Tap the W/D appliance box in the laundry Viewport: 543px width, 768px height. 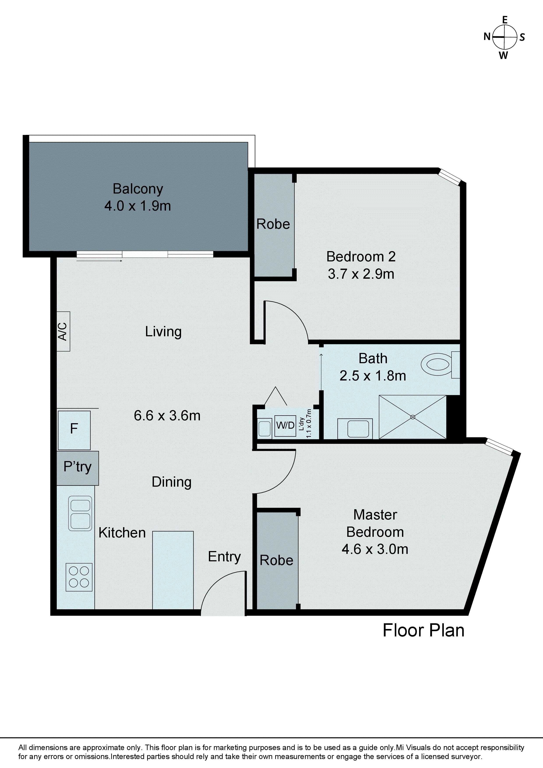285,425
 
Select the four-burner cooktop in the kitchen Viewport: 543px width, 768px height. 79,577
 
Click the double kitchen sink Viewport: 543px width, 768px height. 80,513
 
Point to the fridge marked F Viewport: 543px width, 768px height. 74,430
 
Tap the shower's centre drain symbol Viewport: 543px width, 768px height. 413,417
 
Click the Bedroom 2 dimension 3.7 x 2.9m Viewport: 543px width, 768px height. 361,274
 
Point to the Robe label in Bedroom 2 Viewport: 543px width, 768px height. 273,224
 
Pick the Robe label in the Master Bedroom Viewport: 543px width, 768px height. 276,560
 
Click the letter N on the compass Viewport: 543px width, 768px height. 487,37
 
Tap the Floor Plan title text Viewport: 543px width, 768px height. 423,631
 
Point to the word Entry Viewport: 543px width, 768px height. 224,557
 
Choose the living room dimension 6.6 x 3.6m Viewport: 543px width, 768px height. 167,416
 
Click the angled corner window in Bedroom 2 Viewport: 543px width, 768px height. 450,177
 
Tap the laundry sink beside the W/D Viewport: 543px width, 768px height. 265,428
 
